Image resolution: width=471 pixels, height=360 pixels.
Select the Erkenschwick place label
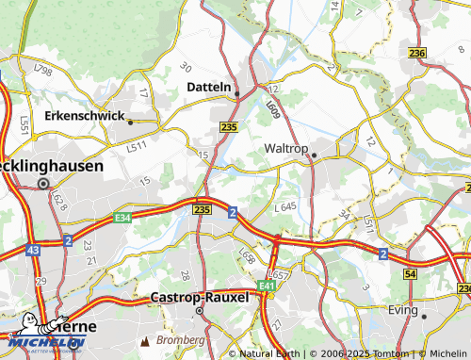84,117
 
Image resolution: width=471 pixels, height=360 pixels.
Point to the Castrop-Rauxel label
200,297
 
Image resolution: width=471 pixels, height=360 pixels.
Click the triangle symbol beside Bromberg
145,339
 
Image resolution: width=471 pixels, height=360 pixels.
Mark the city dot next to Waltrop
316,155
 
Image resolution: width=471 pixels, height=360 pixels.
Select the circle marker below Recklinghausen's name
41,185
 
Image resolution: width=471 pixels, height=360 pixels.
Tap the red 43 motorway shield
33,250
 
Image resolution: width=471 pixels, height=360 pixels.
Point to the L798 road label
42,71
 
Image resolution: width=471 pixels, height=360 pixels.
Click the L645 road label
285,205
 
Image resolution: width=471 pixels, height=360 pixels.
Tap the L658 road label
247,256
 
